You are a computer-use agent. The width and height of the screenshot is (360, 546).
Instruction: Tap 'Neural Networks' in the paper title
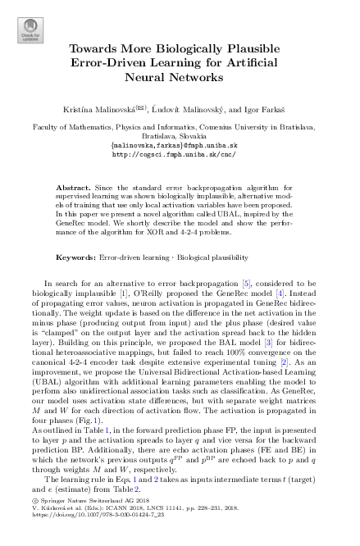(179, 77)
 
